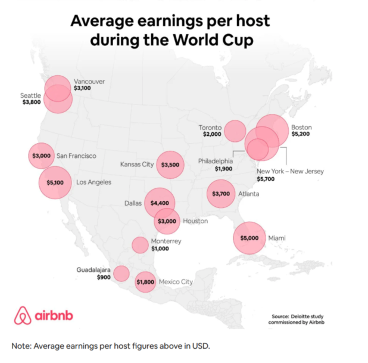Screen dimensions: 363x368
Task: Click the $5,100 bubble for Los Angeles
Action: (55, 182)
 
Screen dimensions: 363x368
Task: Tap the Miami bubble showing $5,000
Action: (249, 238)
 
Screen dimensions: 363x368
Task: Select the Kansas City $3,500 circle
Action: (170, 164)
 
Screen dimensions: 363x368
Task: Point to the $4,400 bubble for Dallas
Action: (160, 203)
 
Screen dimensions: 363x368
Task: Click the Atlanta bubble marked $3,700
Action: (221, 193)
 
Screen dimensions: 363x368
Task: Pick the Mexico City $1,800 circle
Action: (146, 281)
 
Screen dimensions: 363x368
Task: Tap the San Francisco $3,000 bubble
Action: (41, 156)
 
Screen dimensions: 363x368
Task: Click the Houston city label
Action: (195, 221)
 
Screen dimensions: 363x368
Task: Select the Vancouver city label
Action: (89, 81)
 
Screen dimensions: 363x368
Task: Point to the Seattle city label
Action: (30, 95)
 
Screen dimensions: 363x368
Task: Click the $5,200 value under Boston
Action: (300, 135)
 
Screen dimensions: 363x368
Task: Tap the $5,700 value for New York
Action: (266, 178)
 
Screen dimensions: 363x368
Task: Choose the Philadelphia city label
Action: (215, 161)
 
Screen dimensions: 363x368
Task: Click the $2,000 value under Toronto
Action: (212, 135)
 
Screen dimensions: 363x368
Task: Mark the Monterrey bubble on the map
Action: (140, 245)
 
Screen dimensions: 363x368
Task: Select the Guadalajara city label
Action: (94, 270)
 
